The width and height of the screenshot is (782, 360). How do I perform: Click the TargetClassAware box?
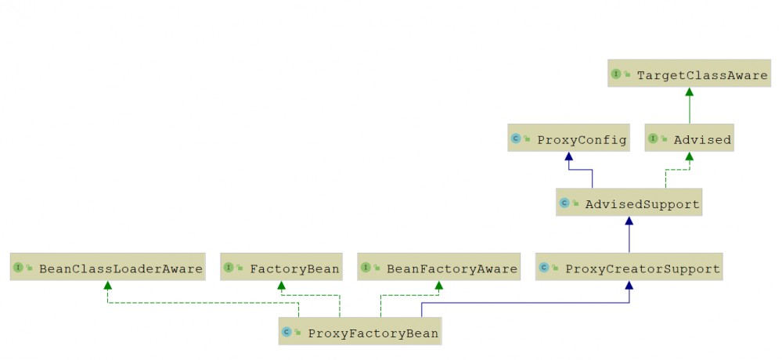tap(689, 74)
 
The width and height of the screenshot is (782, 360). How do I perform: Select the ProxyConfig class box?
tap(568, 138)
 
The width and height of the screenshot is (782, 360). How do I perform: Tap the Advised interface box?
tap(690, 138)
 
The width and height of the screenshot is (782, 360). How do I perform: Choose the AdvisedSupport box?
tap(629, 203)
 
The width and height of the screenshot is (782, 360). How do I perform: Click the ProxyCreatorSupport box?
tap(629, 267)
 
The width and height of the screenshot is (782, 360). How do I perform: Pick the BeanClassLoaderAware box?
tap(108, 267)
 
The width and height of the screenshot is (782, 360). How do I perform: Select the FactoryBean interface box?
tap(282, 267)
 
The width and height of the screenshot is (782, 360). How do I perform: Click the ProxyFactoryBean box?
tap(360, 331)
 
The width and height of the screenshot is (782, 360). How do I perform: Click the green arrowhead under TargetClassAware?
tap(689, 92)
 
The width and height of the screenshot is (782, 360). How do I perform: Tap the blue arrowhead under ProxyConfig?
tap(568, 156)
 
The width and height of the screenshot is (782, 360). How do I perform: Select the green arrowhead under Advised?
tap(689, 156)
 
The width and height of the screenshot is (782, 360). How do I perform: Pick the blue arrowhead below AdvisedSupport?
tap(629, 221)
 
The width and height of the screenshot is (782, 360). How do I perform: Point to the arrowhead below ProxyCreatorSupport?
tap(629, 285)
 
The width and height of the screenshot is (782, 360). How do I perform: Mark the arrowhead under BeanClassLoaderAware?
tap(108, 285)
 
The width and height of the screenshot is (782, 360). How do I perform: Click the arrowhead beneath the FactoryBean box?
tap(282, 285)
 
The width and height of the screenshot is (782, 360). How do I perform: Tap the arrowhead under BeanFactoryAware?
tap(439, 285)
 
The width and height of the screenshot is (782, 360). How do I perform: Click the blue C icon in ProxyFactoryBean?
tap(286, 332)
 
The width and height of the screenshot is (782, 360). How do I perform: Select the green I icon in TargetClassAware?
tap(616, 74)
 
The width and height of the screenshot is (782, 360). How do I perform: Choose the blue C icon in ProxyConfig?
tap(516, 138)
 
